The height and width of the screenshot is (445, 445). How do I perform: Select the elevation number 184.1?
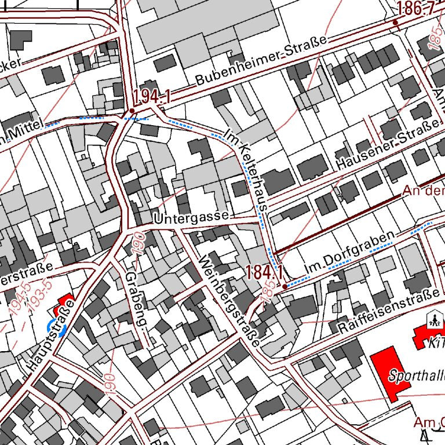tap(264, 272)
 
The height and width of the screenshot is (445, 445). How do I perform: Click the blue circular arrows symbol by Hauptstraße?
tap(57, 326)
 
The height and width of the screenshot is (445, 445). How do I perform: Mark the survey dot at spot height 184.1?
tap(284, 286)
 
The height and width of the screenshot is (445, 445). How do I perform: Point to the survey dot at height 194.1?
tap(132, 110)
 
